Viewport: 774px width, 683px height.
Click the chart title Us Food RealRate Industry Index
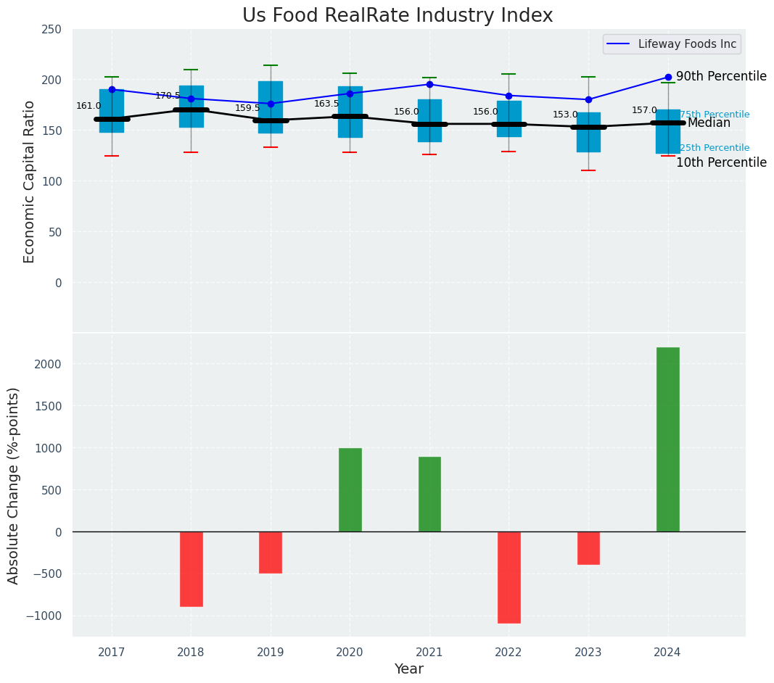(x=398, y=16)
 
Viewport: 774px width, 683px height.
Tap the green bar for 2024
(x=667, y=439)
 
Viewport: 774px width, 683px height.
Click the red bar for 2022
(x=509, y=577)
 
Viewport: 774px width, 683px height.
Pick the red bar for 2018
(x=191, y=568)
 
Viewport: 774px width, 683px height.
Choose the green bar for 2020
(x=350, y=489)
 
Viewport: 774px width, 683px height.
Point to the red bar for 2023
(x=588, y=548)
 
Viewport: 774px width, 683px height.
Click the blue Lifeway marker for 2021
(x=429, y=84)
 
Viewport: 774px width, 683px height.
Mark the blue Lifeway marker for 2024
(x=668, y=77)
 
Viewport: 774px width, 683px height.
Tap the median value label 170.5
(x=168, y=96)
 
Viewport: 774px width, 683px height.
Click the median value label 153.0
(x=565, y=115)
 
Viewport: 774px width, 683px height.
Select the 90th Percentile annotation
(x=721, y=76)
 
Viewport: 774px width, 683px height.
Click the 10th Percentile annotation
(x=721, y=162)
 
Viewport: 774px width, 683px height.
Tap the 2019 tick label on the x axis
(x=271, y=653)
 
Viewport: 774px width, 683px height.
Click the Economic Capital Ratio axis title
(x=30, y=181)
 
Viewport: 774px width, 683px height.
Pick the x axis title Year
(x=408, y=669)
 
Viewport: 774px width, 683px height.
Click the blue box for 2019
(x=271, y=107)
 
